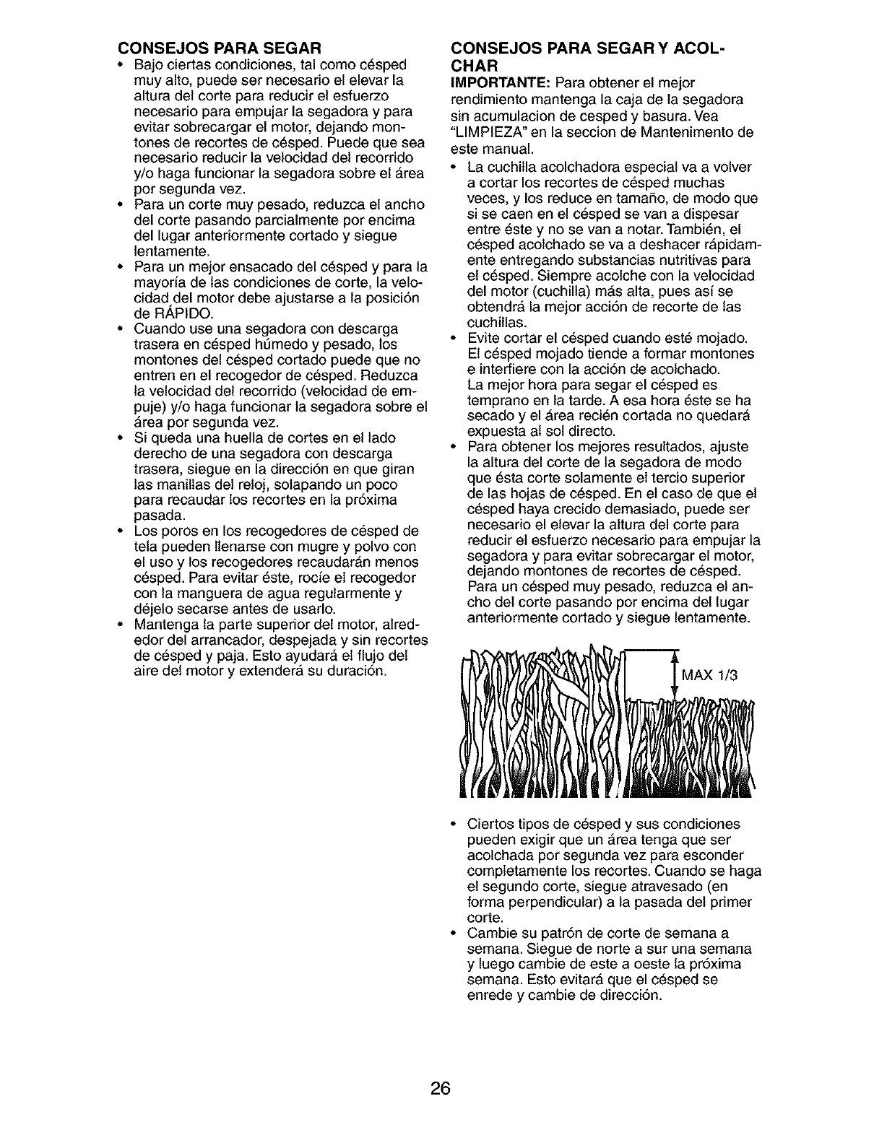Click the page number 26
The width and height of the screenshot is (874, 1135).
(437, 1090)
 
